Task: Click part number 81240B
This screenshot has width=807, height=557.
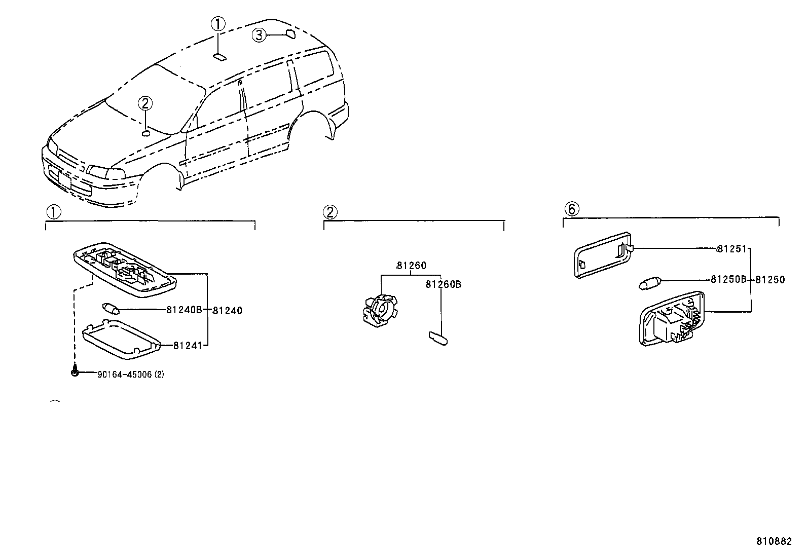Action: (184, 310)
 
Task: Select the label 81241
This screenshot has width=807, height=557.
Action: (188, 346)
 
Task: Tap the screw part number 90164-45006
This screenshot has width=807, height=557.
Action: (125, 375)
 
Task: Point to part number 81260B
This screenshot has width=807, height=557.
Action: (444, 284)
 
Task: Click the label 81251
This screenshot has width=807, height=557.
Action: (731, 248)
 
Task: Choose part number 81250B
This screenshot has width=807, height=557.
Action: (728, 279)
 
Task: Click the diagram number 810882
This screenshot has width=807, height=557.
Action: (774, 541)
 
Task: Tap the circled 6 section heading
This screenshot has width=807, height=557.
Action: (571, 209)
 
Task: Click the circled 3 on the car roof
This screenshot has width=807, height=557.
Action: (259, 35)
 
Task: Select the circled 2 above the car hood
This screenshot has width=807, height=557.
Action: (145, 103)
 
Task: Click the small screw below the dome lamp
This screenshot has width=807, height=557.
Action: (75, 372)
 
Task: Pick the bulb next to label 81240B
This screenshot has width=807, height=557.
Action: (111, 309)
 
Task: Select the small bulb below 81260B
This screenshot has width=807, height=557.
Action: (438, 339)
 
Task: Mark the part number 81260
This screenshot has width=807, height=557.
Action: (412, 266)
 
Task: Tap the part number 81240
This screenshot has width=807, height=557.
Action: (227, 311)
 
